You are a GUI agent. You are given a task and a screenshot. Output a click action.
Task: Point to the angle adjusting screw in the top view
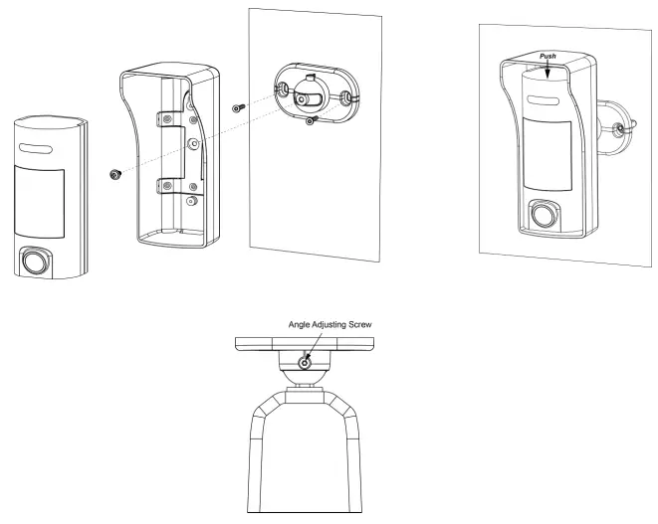tap(306, 363)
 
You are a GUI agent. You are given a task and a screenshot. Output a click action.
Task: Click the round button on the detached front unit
tap(35, 262)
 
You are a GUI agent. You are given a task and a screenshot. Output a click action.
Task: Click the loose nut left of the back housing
tap(115, 174)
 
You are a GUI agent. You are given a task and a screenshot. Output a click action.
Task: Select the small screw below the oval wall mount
tap(312, 120)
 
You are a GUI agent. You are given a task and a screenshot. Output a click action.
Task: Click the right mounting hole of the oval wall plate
tap(345, 98)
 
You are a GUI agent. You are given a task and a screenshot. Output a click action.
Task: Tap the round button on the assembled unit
tap(542, 214)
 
